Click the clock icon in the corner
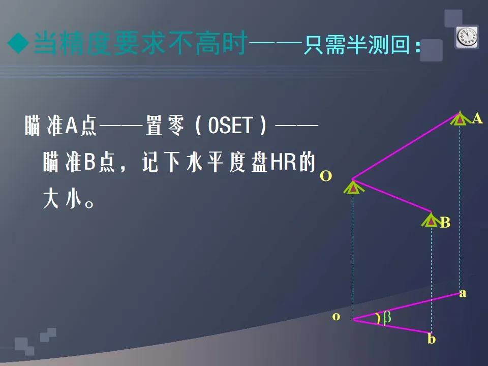tap(467, 37)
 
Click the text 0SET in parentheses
tap(230, 126)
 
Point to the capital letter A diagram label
tap(477, 119)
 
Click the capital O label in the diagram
tap(326, 176)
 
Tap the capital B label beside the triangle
tap(445, 223)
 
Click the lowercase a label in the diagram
tap(463, 293)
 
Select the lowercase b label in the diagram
tap(432, 339)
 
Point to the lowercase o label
tap(336, 317)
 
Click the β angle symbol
tap(387, 318)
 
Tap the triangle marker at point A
tap(460, 118)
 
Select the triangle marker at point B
tap(431, 220)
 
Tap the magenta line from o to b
tap(392, 326)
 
